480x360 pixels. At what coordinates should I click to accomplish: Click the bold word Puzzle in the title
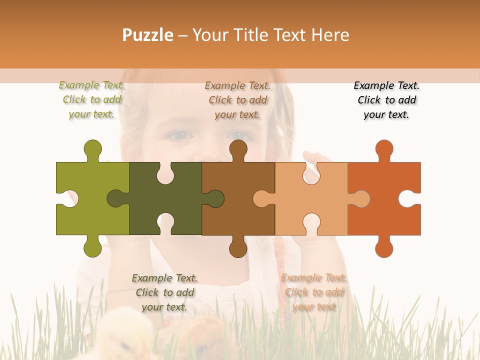pyautogui.click(x=148, y=35)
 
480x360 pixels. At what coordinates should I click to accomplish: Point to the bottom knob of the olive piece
pyautogui.click(x=93, y=247)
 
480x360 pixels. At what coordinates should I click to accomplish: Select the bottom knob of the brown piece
pyautogui.click(x=238, y=247)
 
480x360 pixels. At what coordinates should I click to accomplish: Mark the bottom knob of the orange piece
pyautogui.click(x=384, y=247)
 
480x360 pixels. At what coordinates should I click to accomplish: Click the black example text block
pyautogui.click(x=386, y=100)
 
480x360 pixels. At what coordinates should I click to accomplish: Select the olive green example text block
pyautogui.click(x=92, y=100)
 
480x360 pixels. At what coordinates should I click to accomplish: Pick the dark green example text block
pyautogui.click(x=164, y=292)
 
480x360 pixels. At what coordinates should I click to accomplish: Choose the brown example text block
pyautogui.click(x=237, y=100)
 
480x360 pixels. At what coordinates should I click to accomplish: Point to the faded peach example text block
pyautogui.click(x=313, y=292)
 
